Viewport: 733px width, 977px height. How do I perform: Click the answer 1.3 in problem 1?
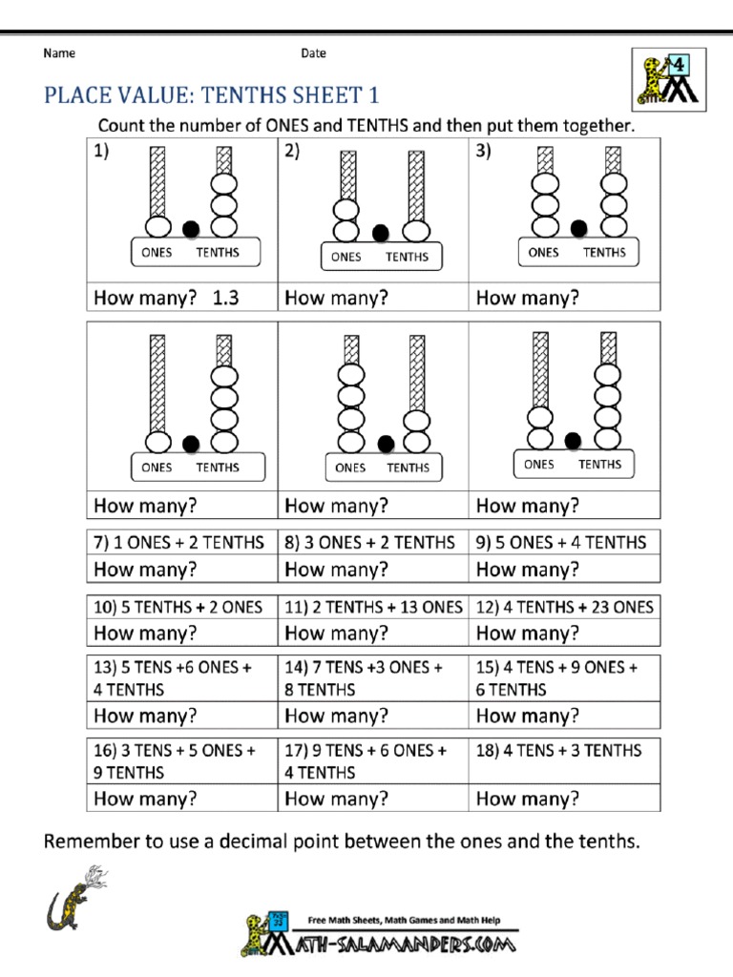(x=225, y=298)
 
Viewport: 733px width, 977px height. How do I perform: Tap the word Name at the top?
(x=59, y=53)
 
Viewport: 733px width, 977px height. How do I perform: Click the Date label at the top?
(x=313, y=53)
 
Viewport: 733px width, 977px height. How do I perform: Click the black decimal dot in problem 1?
(x=191, y=228)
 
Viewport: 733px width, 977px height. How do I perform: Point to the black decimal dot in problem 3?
(x=578, y=227)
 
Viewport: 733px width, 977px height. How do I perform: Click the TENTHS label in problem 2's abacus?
(x=407, y=257)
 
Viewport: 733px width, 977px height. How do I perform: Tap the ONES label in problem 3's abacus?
(x=543, y=253)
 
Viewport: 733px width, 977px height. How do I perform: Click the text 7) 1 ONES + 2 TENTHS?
(x=178, y=542)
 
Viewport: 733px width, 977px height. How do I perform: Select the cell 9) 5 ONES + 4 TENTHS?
(x=561, y=542)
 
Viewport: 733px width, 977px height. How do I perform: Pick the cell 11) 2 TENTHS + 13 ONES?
(x=373, y=607)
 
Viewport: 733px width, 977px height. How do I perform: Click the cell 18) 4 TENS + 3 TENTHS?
(x=559, y=750)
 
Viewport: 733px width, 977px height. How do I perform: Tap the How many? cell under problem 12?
(x=528, y=633)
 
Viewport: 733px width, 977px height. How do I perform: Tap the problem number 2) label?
(x=292, y=151)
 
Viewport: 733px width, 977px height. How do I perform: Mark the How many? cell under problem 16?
(x=145, y=799)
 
